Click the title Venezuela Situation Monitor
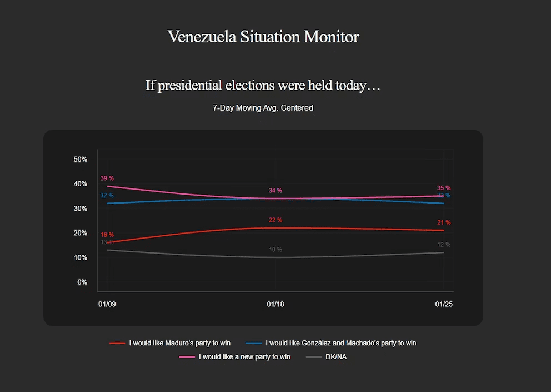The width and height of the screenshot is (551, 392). pos(263,37)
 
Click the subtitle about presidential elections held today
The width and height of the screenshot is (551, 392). pos(263,86)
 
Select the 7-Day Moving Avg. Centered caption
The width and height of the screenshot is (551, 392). pos(263,108)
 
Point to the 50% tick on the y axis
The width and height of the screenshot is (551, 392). pos(81,160)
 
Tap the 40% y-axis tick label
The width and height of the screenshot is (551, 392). pos(81,184)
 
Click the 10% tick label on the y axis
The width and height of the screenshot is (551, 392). pos(81,258)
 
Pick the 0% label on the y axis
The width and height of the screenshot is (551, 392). pos(82,282)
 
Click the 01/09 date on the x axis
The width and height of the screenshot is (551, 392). pos(107,305)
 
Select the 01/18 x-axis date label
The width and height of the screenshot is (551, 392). pos(275,305)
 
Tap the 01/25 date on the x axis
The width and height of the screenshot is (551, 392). pos(444,305)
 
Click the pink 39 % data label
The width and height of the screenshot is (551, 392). pos(107,178)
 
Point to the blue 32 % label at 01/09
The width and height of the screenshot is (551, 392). pos(107,196)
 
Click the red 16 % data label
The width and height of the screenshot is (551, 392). pos(107,235)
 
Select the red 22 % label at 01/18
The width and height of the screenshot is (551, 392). pos(275,220)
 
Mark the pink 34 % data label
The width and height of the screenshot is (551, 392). pos(275,191)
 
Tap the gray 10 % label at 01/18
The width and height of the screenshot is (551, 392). pos(275,250)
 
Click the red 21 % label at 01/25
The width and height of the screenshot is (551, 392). pos(444,222)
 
